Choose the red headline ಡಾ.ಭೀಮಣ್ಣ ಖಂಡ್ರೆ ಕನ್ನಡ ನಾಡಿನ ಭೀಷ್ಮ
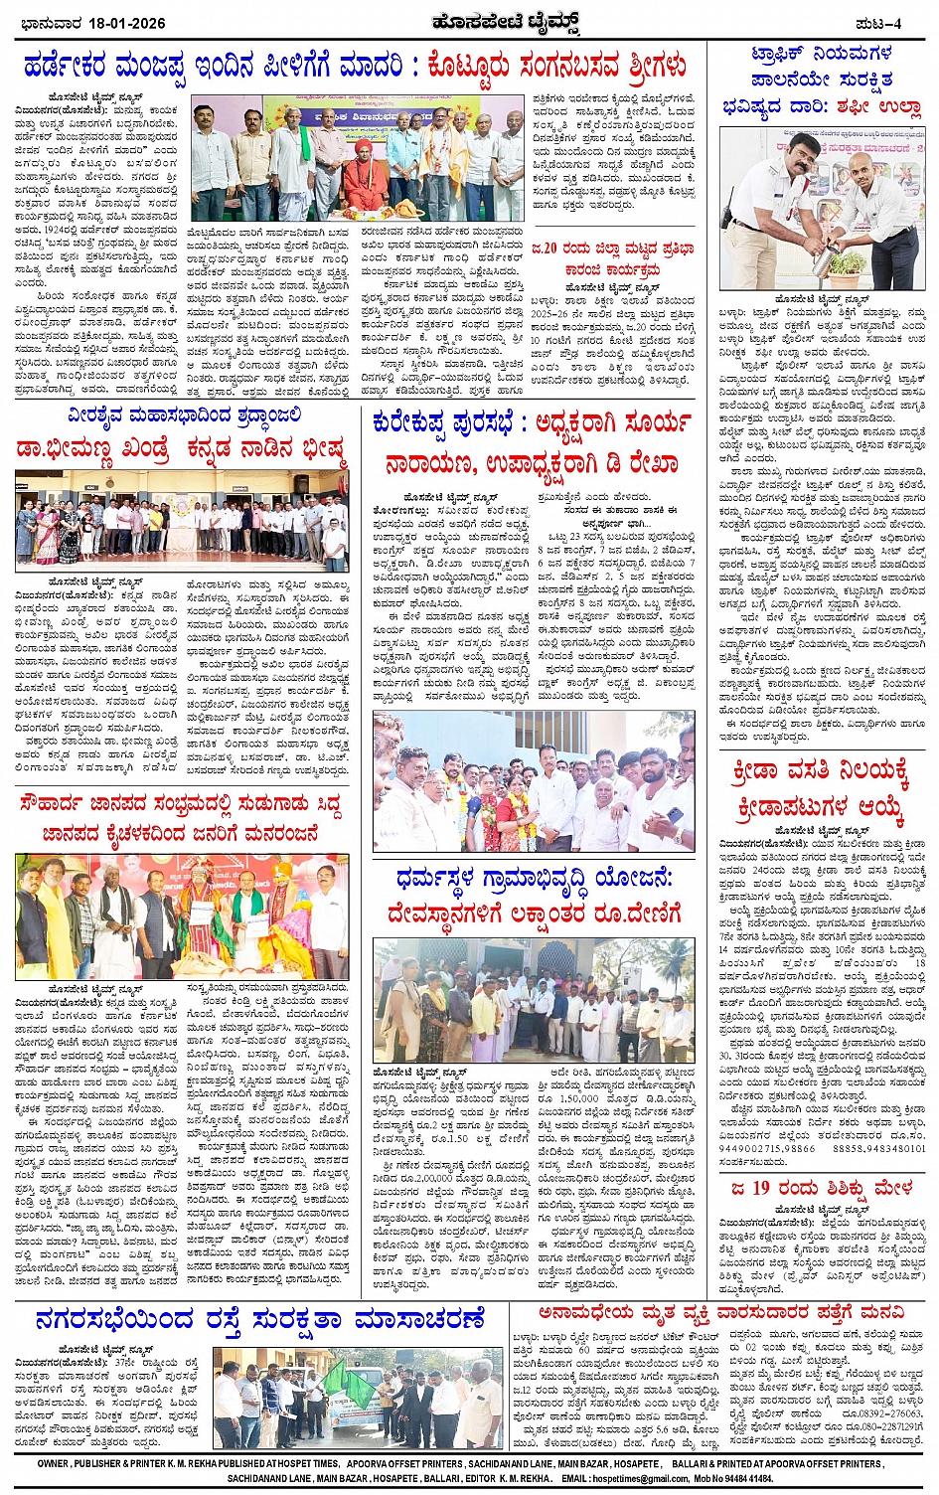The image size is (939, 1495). (182, 449)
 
